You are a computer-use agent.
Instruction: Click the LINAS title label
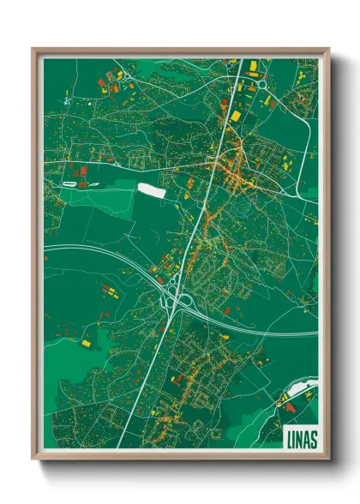coord(299,436)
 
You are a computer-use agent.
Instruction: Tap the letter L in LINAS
coord(287,436)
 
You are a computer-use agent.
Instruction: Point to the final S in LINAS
coord(312,436)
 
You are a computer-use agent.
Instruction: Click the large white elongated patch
coord(151,189)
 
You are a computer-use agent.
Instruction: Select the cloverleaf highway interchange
coord(181,299)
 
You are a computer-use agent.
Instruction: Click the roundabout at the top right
coord(261,85)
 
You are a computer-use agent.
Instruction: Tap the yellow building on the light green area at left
coord(86,343)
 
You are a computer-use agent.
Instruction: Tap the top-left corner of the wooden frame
coord(33,49)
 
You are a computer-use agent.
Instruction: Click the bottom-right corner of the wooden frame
coord(328,459)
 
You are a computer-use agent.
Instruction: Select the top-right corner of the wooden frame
coord(328,49)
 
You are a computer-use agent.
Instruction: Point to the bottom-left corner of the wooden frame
coord(33,459)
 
